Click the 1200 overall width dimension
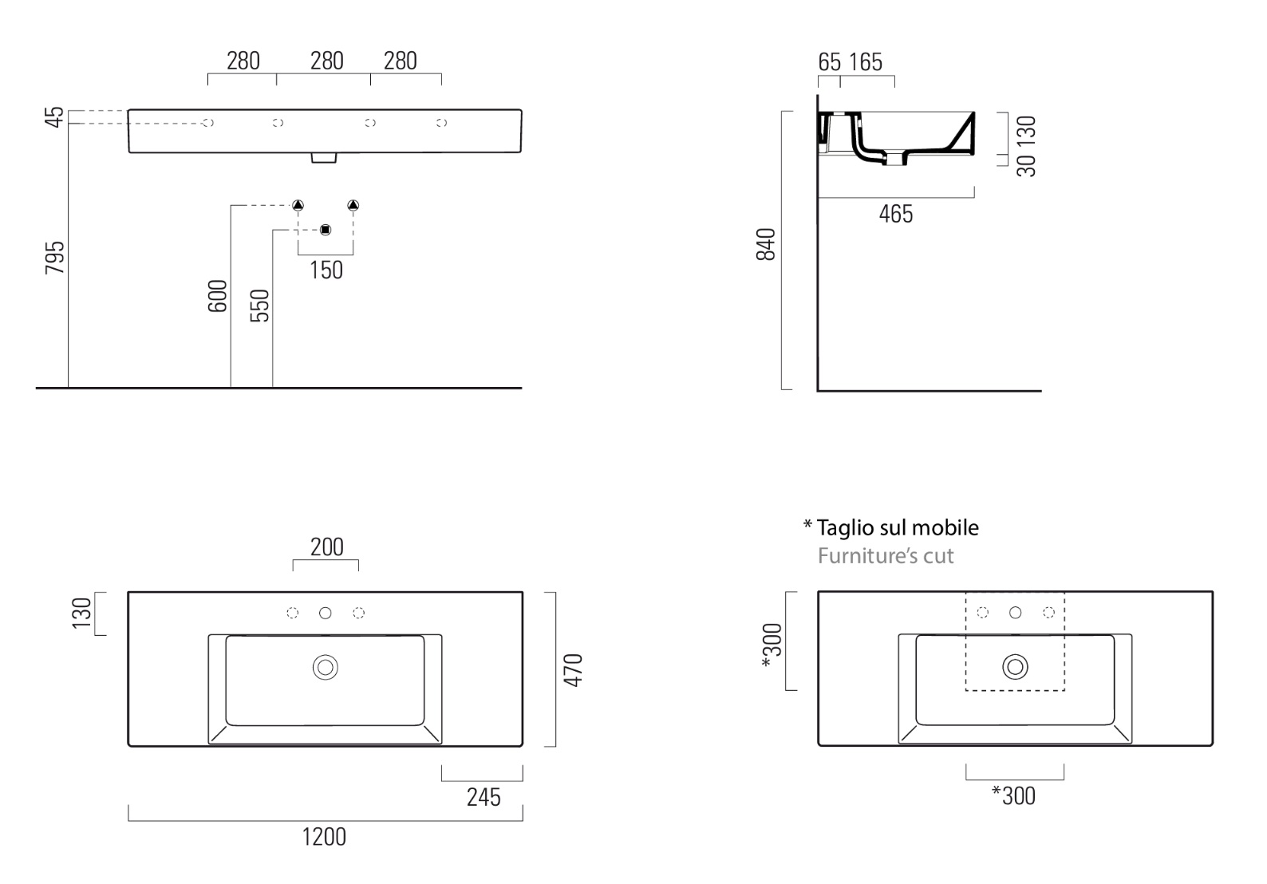[324, 837]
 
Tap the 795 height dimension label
[55, 258]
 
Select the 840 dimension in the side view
[765, 244]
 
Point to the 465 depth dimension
[896, 215]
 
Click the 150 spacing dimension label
[326, 270]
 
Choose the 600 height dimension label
[218, 296]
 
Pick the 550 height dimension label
[259, 306]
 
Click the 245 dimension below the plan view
[484, 798]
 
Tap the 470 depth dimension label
[574, 670]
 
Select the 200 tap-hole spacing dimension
[327, 547]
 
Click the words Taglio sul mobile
[898, 527]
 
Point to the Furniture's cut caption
[886, 556]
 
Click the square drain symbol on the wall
[326, 230]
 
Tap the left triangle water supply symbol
[298, 205]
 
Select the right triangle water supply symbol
[353, 205]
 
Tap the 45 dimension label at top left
[54, 117]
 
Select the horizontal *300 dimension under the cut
[1013, 796]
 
